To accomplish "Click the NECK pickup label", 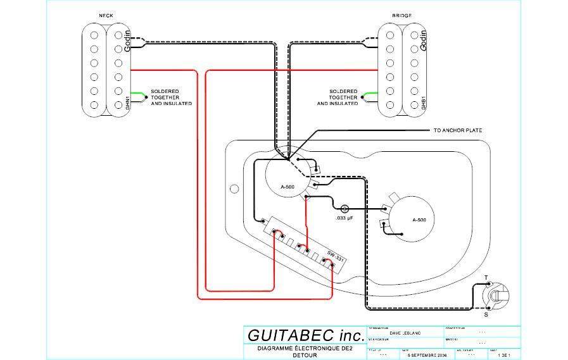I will point(106,16).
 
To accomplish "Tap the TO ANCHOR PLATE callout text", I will point(458,130).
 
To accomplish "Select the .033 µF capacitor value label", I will point(344,218).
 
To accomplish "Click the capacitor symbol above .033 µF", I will point(346,208).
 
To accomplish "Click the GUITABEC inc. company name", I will point(306,335).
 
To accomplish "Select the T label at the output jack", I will point(486,277).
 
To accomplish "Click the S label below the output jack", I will point(486,314).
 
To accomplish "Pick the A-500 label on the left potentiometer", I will point(288,187).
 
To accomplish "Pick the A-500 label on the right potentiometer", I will point(419,220).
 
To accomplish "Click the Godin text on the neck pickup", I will point(127,41).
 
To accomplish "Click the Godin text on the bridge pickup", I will point(424,40).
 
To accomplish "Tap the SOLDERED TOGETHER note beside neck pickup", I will point(170,97).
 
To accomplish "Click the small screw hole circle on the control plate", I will point(234,188).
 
